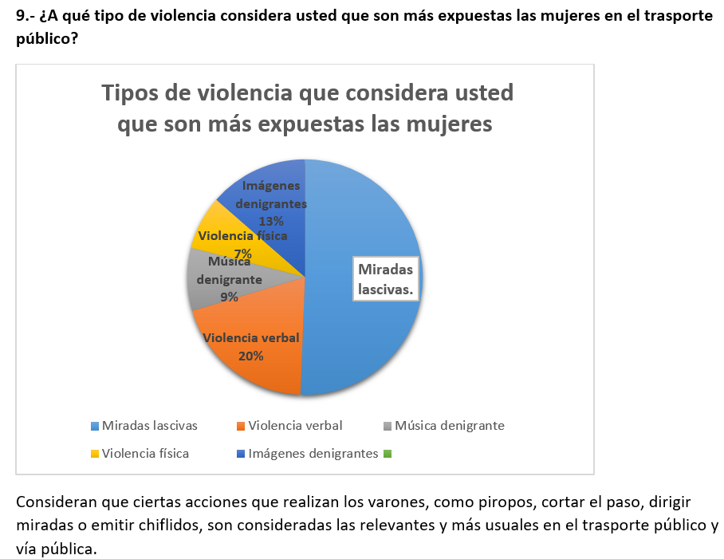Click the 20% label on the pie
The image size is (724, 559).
click(250, 356)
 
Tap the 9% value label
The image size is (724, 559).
click(229, 297)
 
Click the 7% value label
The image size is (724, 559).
click(242, 254)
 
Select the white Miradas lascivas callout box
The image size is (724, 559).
click(387, 279)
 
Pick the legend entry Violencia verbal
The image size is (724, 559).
click(296, 426)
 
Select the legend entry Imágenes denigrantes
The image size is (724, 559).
click(313, 454)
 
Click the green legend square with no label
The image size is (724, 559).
click(388, 454)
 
